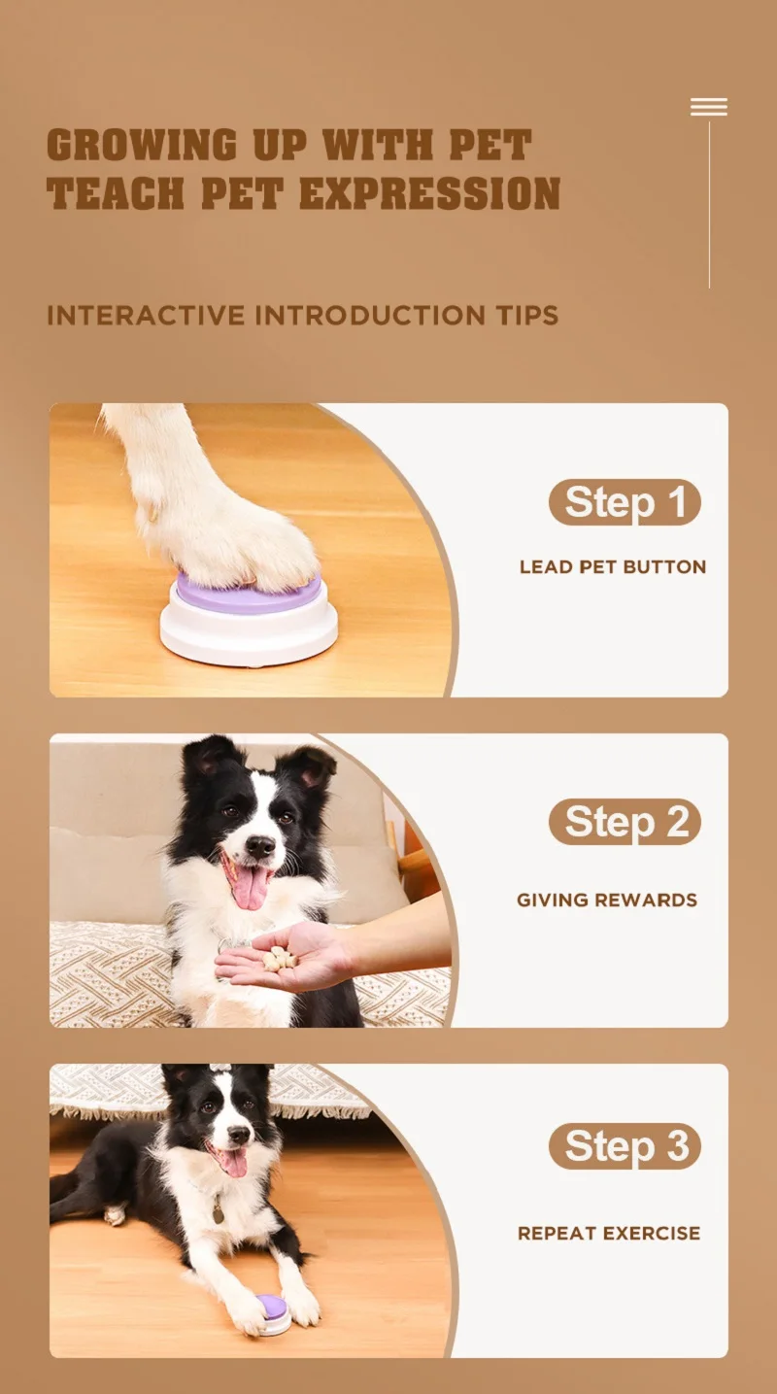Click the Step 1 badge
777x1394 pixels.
point(625,502)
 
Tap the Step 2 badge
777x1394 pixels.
point(625,822)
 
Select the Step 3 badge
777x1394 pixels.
point(625,1146)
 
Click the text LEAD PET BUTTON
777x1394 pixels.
point(612,567)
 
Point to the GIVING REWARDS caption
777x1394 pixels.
point(607,901)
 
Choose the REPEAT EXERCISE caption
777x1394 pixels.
point(609,1234)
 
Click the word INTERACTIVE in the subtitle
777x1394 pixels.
point(146,316)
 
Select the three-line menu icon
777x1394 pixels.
point(709,107)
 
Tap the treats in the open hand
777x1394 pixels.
point(280,959)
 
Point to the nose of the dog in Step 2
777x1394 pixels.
point(259,846)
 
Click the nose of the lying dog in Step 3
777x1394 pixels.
point(239,1134)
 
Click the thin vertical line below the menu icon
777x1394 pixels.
point(709,204)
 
